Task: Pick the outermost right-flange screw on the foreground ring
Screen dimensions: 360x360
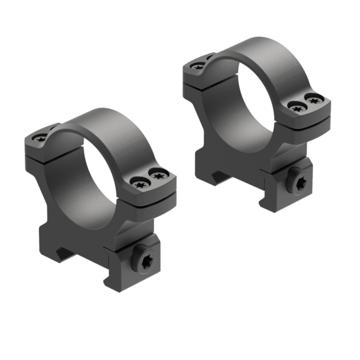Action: [x=158, y=175]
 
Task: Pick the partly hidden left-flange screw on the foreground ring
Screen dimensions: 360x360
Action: [x=53, y=128]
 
